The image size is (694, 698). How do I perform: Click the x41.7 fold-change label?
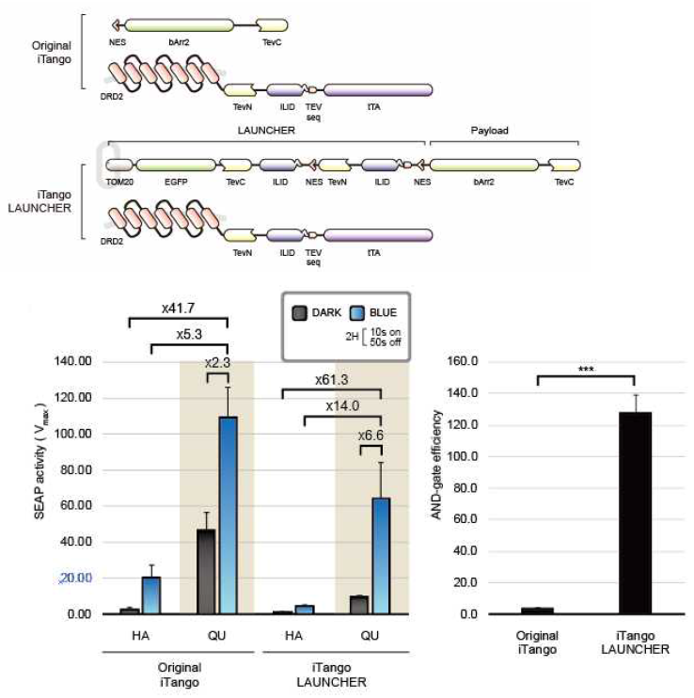point(178,308)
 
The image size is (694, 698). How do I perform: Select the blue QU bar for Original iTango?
point(229,516)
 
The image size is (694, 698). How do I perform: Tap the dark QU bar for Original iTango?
point(206,572)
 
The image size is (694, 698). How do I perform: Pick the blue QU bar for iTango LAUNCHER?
point(381,556)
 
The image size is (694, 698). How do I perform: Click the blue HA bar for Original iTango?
point(151,595)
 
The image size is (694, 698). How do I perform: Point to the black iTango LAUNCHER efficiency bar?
point(636,514)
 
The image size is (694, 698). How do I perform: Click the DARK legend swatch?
point(299,313)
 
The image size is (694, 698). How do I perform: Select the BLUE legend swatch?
point(357,313)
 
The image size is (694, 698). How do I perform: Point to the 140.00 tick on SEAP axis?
point(73,361)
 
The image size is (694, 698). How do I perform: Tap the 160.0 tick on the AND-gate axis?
point(463,361)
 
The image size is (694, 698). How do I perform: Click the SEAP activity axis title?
point(40,462)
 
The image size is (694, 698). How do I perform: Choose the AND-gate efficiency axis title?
point(436,465)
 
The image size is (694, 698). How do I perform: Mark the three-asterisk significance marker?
point(586,370)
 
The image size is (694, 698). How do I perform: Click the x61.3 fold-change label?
point(331,380)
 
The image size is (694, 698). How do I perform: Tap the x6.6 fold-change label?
point(371,435)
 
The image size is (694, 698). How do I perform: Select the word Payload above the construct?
point(489,131)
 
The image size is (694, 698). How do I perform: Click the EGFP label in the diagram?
point(176,182)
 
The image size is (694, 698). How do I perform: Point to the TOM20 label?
point(119,182)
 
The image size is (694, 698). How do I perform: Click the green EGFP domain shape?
point(176,166)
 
